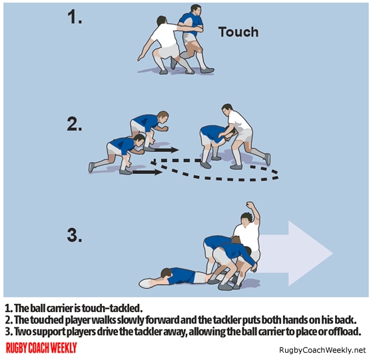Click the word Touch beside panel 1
(x=238, y=32)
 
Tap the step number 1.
(x=75, y=17)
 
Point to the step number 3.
(x=75, y=235)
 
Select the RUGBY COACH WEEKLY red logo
(x=41, y=348)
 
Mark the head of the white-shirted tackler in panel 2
(x=228, y=109)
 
